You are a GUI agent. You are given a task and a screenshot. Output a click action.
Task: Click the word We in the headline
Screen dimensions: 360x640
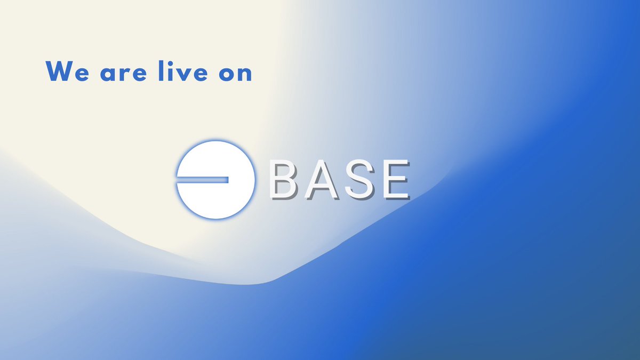pos(68,71)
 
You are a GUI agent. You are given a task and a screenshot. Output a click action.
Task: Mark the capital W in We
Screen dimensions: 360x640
pos(60,71)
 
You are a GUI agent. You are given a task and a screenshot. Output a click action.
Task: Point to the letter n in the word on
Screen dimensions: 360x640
pos(245,74)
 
